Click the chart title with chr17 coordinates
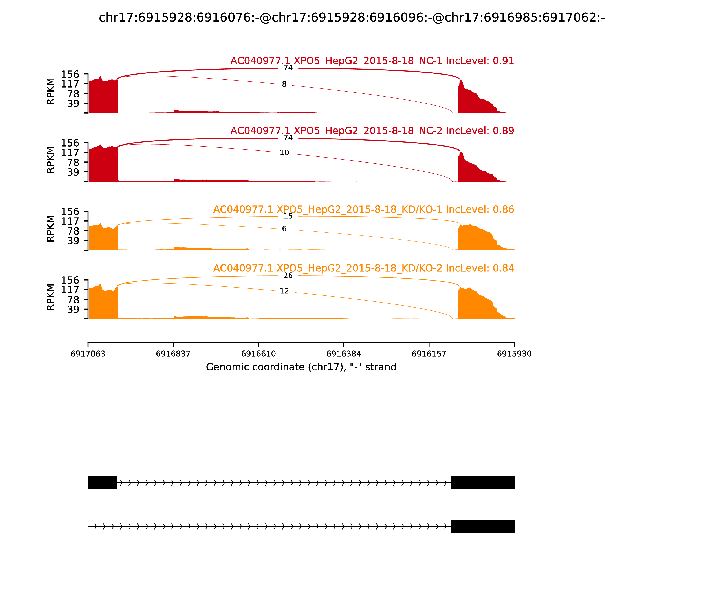click(x=352, y=18)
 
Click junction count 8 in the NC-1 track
click(x=284, y=84)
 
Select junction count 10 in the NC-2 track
click(x=284, y=153)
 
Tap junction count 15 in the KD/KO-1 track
click(x=288, y=216)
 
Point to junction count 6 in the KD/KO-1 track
click(x=284, y=229)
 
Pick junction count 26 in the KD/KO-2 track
click(x=288, y=276)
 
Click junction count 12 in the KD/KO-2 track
click(x=284, y=291)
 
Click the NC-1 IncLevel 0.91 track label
click(x=372, y=61)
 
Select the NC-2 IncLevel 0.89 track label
click(x=372, y=131)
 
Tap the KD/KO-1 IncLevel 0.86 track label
click(x=363, y=210)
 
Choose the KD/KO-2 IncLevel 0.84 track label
click(x=363, y=268)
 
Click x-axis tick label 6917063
click(x=88, y=354)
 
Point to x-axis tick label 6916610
click(x=258, y=354)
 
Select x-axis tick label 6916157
click(x=429, y=354)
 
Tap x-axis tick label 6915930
click(x=514, y=354)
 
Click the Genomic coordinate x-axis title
click(x=301, y=367)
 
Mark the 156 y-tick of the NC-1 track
click(x=70, y=74)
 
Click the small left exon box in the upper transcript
click(x=103, y=483)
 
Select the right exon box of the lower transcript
click(x=483, y=526)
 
